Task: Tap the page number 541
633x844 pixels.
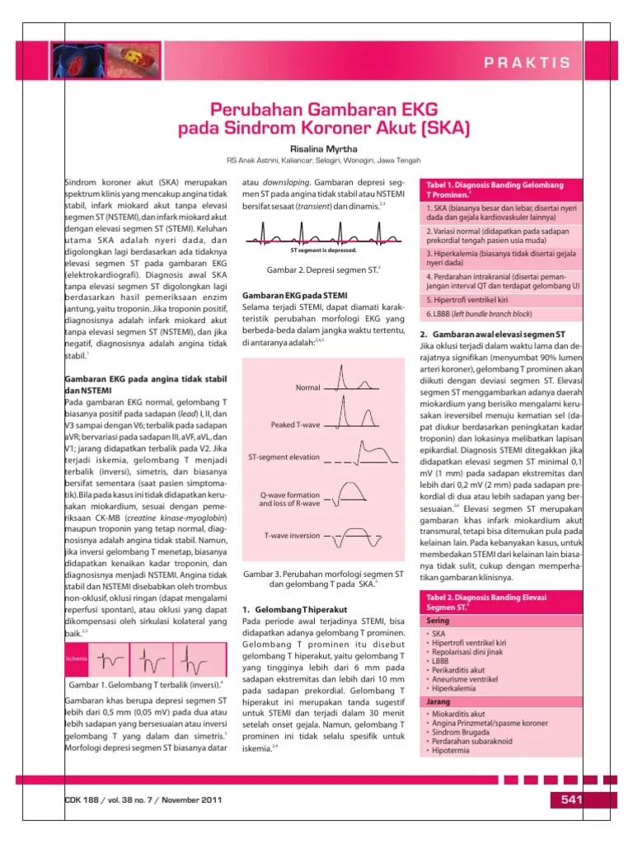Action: pos(572,799)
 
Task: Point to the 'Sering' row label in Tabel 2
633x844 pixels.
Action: pos(438,620)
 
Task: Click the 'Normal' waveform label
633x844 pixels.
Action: pos(307,387)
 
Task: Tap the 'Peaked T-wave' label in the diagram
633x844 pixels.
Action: pos(295,425)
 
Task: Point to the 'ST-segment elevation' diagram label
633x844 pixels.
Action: pos(284,456)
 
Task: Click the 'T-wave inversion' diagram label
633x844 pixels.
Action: pos(292,535)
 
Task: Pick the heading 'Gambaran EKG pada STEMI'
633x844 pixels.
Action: pos(293,295)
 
